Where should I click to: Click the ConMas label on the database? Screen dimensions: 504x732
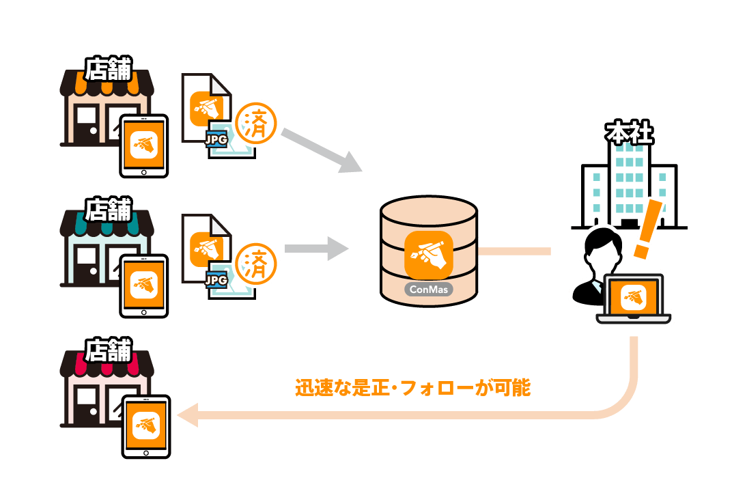[428, 289]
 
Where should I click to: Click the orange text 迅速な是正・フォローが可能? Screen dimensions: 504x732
[412, 388]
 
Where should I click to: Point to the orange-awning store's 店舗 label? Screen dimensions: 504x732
[108, 69]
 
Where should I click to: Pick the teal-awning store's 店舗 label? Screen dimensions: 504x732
[108, 209]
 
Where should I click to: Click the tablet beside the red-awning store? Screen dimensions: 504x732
[146, 427]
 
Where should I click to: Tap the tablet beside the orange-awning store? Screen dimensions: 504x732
[143, 145]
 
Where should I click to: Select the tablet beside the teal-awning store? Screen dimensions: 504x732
[143, 286]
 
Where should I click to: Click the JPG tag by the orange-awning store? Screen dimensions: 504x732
[216, 139]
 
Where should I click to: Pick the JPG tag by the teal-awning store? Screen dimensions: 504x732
[216, 279]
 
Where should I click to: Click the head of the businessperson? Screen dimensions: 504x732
[602, 248]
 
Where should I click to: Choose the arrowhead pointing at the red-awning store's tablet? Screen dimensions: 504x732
[186, 415]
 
